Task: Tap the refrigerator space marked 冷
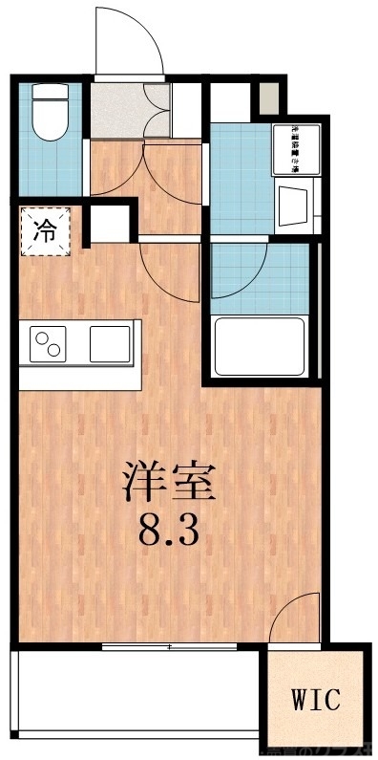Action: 44,230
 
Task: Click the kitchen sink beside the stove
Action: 110,343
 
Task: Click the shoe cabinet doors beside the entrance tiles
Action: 158,112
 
